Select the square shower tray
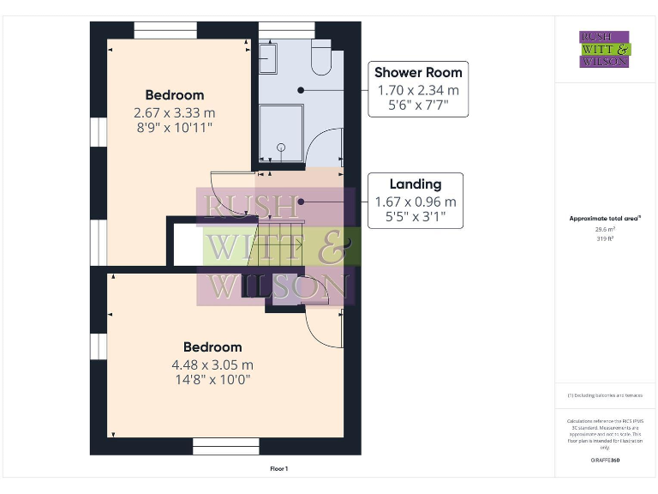coord(281,134)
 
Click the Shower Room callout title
coord(418,72)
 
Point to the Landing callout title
coord(416,184)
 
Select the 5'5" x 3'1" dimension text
coord(416,218)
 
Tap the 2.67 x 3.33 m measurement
coord(174,111)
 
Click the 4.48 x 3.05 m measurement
coord(212,364)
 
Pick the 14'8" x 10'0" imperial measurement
coord(212,380)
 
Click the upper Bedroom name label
coord(174,94)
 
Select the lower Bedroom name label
coord(212,346)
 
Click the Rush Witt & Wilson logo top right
coord(604,49)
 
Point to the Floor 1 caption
coord(279,469)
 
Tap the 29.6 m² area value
coord(605,229)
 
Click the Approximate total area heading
coord(605,219)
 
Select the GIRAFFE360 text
coord(605,461)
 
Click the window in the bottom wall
coord(225,446)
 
